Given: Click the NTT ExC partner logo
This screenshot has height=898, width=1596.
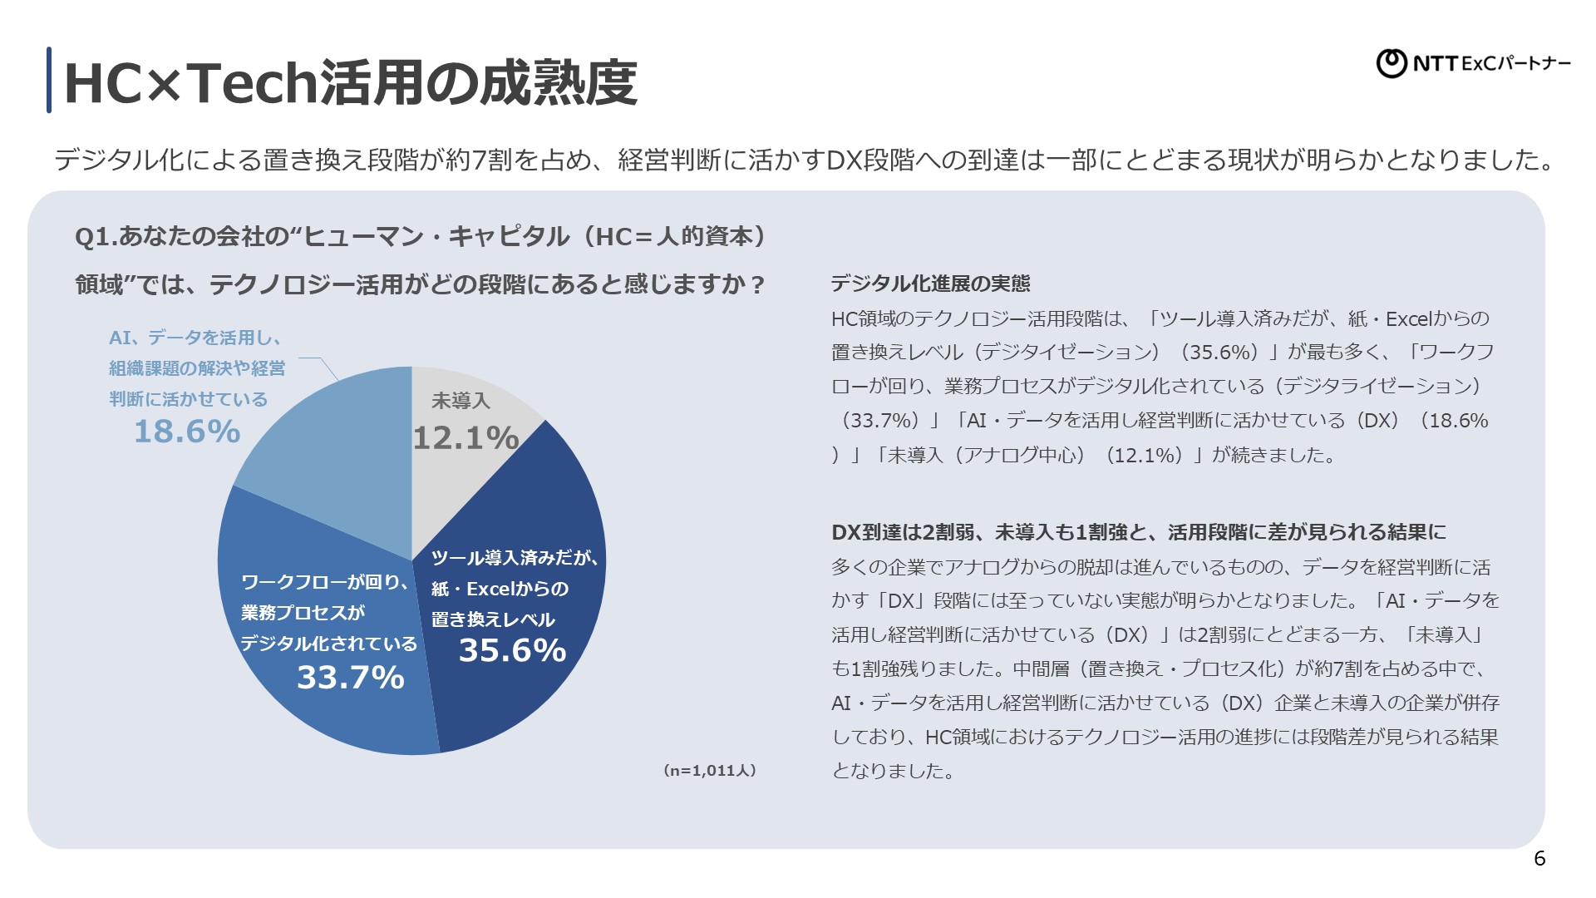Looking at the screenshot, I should pyautogui.click(x=1473, y=63).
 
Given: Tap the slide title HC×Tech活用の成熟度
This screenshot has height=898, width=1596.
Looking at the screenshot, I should pyautogui.click(x=350, y=83).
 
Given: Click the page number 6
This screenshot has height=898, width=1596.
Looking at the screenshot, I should pyautogui.click(x=1539, y=859).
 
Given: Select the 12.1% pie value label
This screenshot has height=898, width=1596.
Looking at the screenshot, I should pyautogui.click(x=465, y=438).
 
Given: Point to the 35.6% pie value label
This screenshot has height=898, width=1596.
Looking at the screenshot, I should pyautogui.click(x=512, y=650).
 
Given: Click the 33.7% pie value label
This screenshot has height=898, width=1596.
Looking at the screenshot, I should pyautogui.click(x=351, y=678).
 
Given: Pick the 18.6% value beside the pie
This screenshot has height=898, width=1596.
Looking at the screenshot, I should pyautogui.click(x=187, y=432).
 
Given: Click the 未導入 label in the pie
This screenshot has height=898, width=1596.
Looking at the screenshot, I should pyautogui.click(x=461, y=401).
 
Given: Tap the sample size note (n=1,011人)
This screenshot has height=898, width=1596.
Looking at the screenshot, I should pyautogui.click(x=710, y=771).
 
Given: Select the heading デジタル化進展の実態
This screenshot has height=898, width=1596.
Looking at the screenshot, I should pyautogui.click(x=930, y=284).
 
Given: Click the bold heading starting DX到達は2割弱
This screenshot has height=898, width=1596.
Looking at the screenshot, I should pyautogui.click(x=1138, y=532).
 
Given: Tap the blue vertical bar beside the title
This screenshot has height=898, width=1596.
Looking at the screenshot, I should pyautogui.click(x=49, y=80).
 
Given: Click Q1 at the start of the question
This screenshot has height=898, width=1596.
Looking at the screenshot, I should pyautogui.click(x=91, y=237).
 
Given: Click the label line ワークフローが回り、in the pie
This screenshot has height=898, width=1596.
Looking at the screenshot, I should pyautogui.click(x=325, y=582).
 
